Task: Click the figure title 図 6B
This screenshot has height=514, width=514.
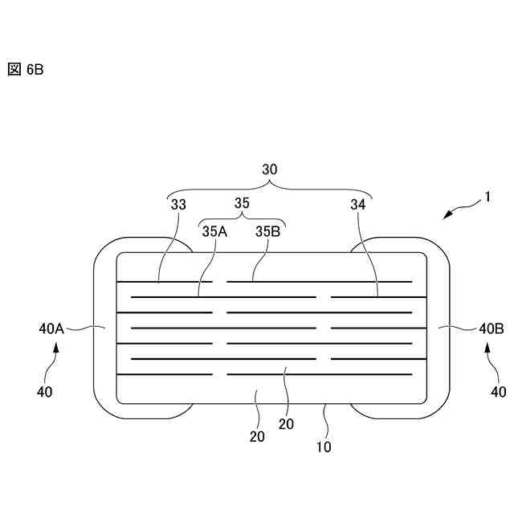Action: (x=25, y=70)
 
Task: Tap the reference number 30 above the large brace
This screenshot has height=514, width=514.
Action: (x=271, y=169)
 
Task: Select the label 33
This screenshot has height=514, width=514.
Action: (x=178, y=205)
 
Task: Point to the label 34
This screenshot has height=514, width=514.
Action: (x=357, y=205)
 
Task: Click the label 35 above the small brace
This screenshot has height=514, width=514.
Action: (x=242, y=204)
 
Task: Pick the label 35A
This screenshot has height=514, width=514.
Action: (x=214, y=231)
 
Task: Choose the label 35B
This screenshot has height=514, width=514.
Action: (x=268, y=231)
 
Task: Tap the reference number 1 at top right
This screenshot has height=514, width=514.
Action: (x=487, y=196)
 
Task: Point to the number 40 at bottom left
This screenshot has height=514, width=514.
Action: (x=46, y=393)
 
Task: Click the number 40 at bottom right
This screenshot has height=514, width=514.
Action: (x=499, y=393)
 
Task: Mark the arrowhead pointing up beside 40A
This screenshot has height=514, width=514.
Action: (x=56, y=348)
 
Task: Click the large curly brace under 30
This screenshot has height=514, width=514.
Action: (x=271, y=186)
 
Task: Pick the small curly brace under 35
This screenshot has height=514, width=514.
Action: (x=242, y=218)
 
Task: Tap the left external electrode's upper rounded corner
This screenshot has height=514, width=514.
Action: (x=107, y=249)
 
